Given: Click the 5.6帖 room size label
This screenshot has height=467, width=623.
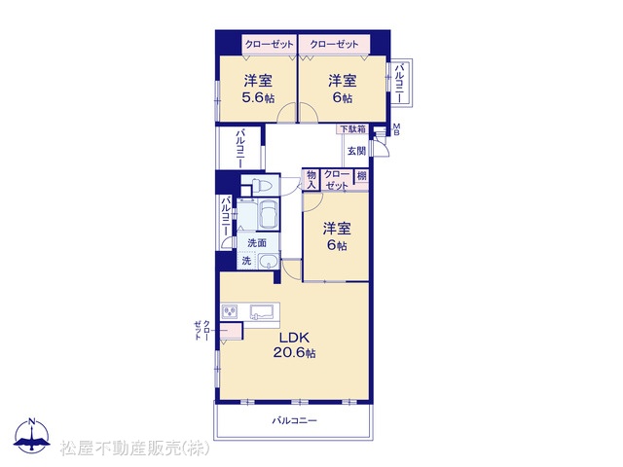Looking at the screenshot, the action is click(x=258, y=97).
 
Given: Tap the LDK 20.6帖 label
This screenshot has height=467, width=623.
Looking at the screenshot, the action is click(x=294, y=345).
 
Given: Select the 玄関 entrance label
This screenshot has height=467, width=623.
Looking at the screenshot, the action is click(x=356, y=151).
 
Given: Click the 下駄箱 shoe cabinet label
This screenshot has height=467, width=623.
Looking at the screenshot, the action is click(x=352, y=129).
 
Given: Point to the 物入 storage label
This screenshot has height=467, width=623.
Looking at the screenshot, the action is click(x=311, y=179).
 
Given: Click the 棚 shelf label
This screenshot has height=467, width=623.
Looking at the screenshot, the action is click(x=361, y=175).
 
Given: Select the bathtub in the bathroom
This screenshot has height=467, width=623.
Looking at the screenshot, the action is click(x=269, y=214).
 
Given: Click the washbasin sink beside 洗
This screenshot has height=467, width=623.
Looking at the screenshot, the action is click(x=269, y=262).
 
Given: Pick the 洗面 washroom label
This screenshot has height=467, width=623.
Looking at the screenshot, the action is click(x=257, y=242).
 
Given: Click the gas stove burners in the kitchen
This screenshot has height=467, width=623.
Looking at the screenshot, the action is click(x=230, y=311).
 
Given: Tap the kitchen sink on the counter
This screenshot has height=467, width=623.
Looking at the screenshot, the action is click(x=263, y=311).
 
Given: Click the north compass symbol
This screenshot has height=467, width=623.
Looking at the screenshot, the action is click(x=32, y=435).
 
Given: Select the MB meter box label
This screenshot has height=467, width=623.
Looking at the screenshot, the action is click(x=396, y=129).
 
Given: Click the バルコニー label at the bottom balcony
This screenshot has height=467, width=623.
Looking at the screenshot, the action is click(x=294, y=420).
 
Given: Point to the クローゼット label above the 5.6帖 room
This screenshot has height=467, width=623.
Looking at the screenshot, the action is click(x=269, y=44).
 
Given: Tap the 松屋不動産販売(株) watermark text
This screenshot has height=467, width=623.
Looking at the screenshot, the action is click(x=134, y=448).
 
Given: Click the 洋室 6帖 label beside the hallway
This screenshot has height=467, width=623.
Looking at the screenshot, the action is click(x=337, y=236).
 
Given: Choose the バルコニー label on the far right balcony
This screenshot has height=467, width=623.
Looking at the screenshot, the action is click(x=399, y=83).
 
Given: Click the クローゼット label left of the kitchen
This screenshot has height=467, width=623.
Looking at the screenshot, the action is click(x=202, y=331).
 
